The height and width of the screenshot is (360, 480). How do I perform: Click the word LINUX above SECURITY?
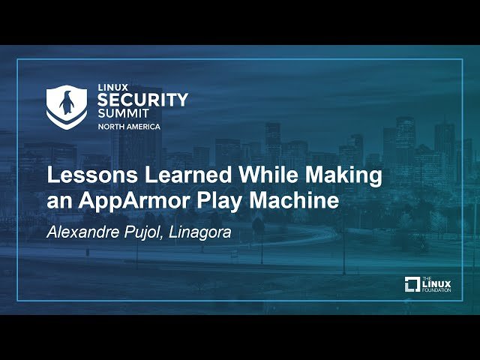(x=114, y=88)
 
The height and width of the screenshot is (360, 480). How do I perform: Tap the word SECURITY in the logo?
(x=142, y=100)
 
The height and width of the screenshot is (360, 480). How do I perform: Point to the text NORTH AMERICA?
(x=129, y=127)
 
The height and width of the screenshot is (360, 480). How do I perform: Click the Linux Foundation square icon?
(x=412, y=284)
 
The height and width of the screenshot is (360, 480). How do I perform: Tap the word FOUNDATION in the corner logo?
(x=436, y=289)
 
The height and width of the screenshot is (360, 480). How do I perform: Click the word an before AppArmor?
(x=58, y=202)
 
